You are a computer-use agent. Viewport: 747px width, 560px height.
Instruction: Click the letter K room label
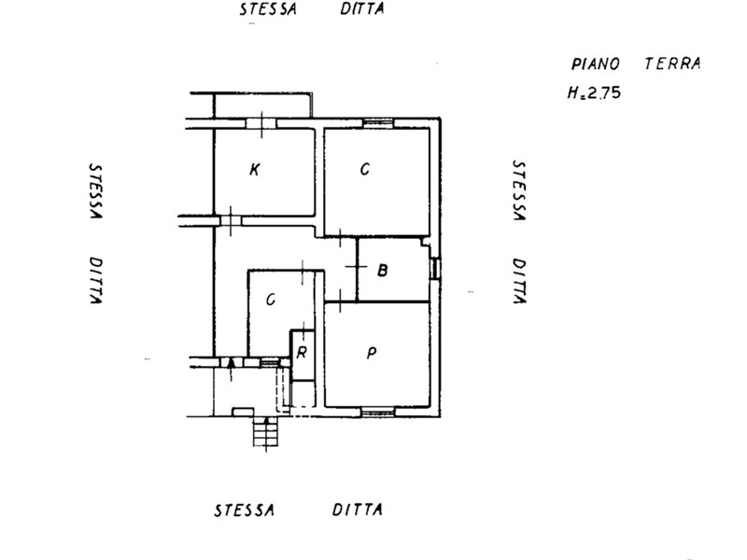coord(255,170)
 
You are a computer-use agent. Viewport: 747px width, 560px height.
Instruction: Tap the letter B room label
coord(382,271)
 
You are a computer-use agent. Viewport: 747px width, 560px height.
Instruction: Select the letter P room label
coord(372,353)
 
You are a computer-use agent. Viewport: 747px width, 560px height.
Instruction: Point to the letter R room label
coord(302,353)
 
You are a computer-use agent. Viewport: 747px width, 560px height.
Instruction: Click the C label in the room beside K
coord(365,170)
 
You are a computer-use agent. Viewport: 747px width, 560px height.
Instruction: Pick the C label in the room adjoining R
coord(271,300)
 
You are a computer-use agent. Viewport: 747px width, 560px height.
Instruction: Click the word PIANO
coord(595,63)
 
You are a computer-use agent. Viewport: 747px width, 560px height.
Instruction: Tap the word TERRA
coord(672,63)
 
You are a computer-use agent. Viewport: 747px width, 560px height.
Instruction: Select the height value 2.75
coord(604,92)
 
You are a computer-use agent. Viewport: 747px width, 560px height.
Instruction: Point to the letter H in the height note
coord(572,92)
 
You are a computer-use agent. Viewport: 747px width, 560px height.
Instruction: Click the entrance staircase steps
coord(265,431)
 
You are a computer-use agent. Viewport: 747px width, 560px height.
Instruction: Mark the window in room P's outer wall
coord(378,412)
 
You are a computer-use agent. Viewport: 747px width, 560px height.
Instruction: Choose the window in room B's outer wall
coord(435,269)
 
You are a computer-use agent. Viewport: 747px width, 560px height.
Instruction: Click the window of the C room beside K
coord(379,123)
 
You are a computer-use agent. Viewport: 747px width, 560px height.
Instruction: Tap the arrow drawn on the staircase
coord(266,433)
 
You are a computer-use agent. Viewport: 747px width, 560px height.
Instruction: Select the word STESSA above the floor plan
coord(268,9)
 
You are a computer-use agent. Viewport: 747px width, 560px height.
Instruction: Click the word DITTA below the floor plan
coord(358,510)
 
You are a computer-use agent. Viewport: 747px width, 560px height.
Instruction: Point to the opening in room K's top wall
coord(261,123)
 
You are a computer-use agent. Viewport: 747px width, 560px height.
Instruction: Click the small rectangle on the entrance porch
coord(243,412)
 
